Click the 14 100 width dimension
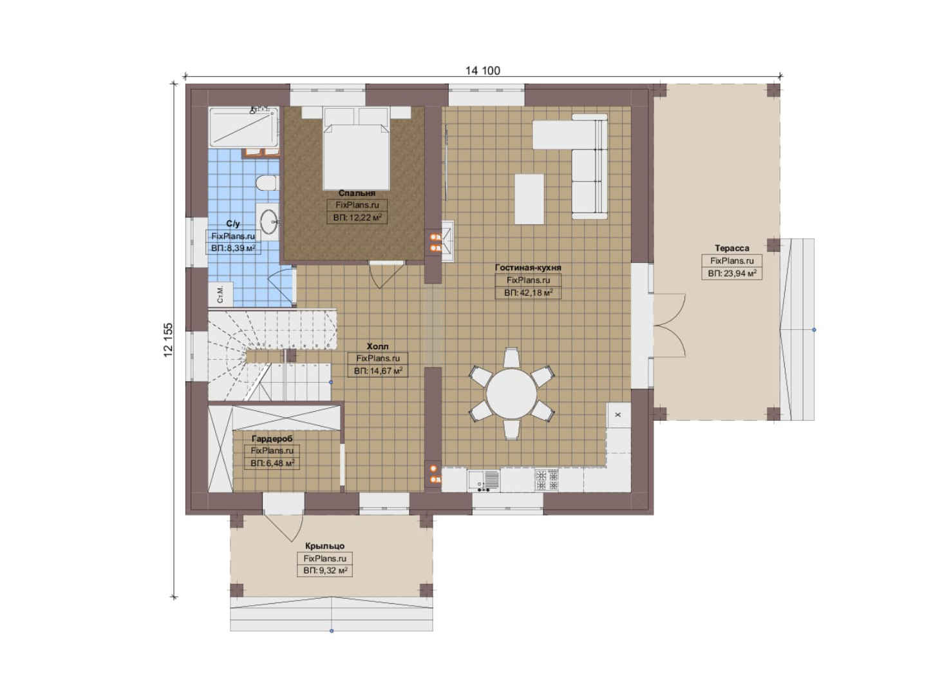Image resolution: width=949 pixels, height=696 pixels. (483, 70)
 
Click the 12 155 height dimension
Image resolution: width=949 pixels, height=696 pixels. (168, 340)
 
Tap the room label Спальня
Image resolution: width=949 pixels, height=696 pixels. (357, 193)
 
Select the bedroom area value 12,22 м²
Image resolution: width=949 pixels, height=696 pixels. (357, 218)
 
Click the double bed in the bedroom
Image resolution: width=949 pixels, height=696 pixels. (356, 149)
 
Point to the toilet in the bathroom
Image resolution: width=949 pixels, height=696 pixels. (267, 183)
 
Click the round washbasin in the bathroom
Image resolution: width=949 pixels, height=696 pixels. (268, 222)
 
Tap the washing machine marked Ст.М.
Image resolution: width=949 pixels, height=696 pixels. (220, 294)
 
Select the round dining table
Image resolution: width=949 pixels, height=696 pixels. (511, 394)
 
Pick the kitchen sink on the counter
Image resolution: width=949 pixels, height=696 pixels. (484, 480)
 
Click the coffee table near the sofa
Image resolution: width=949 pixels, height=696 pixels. (529, 199)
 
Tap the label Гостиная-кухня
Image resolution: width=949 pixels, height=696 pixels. (528, 267)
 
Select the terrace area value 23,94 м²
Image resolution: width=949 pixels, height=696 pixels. (731, 273)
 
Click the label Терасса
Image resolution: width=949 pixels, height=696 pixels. (731, 248)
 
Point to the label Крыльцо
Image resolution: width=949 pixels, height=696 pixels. (324, 546)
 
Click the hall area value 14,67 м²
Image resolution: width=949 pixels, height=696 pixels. (378, 371)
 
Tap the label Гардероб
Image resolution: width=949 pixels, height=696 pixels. (272, 439)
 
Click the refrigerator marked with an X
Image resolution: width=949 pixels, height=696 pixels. (619, 415)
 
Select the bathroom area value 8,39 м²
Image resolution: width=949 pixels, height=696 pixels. (233, 248)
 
